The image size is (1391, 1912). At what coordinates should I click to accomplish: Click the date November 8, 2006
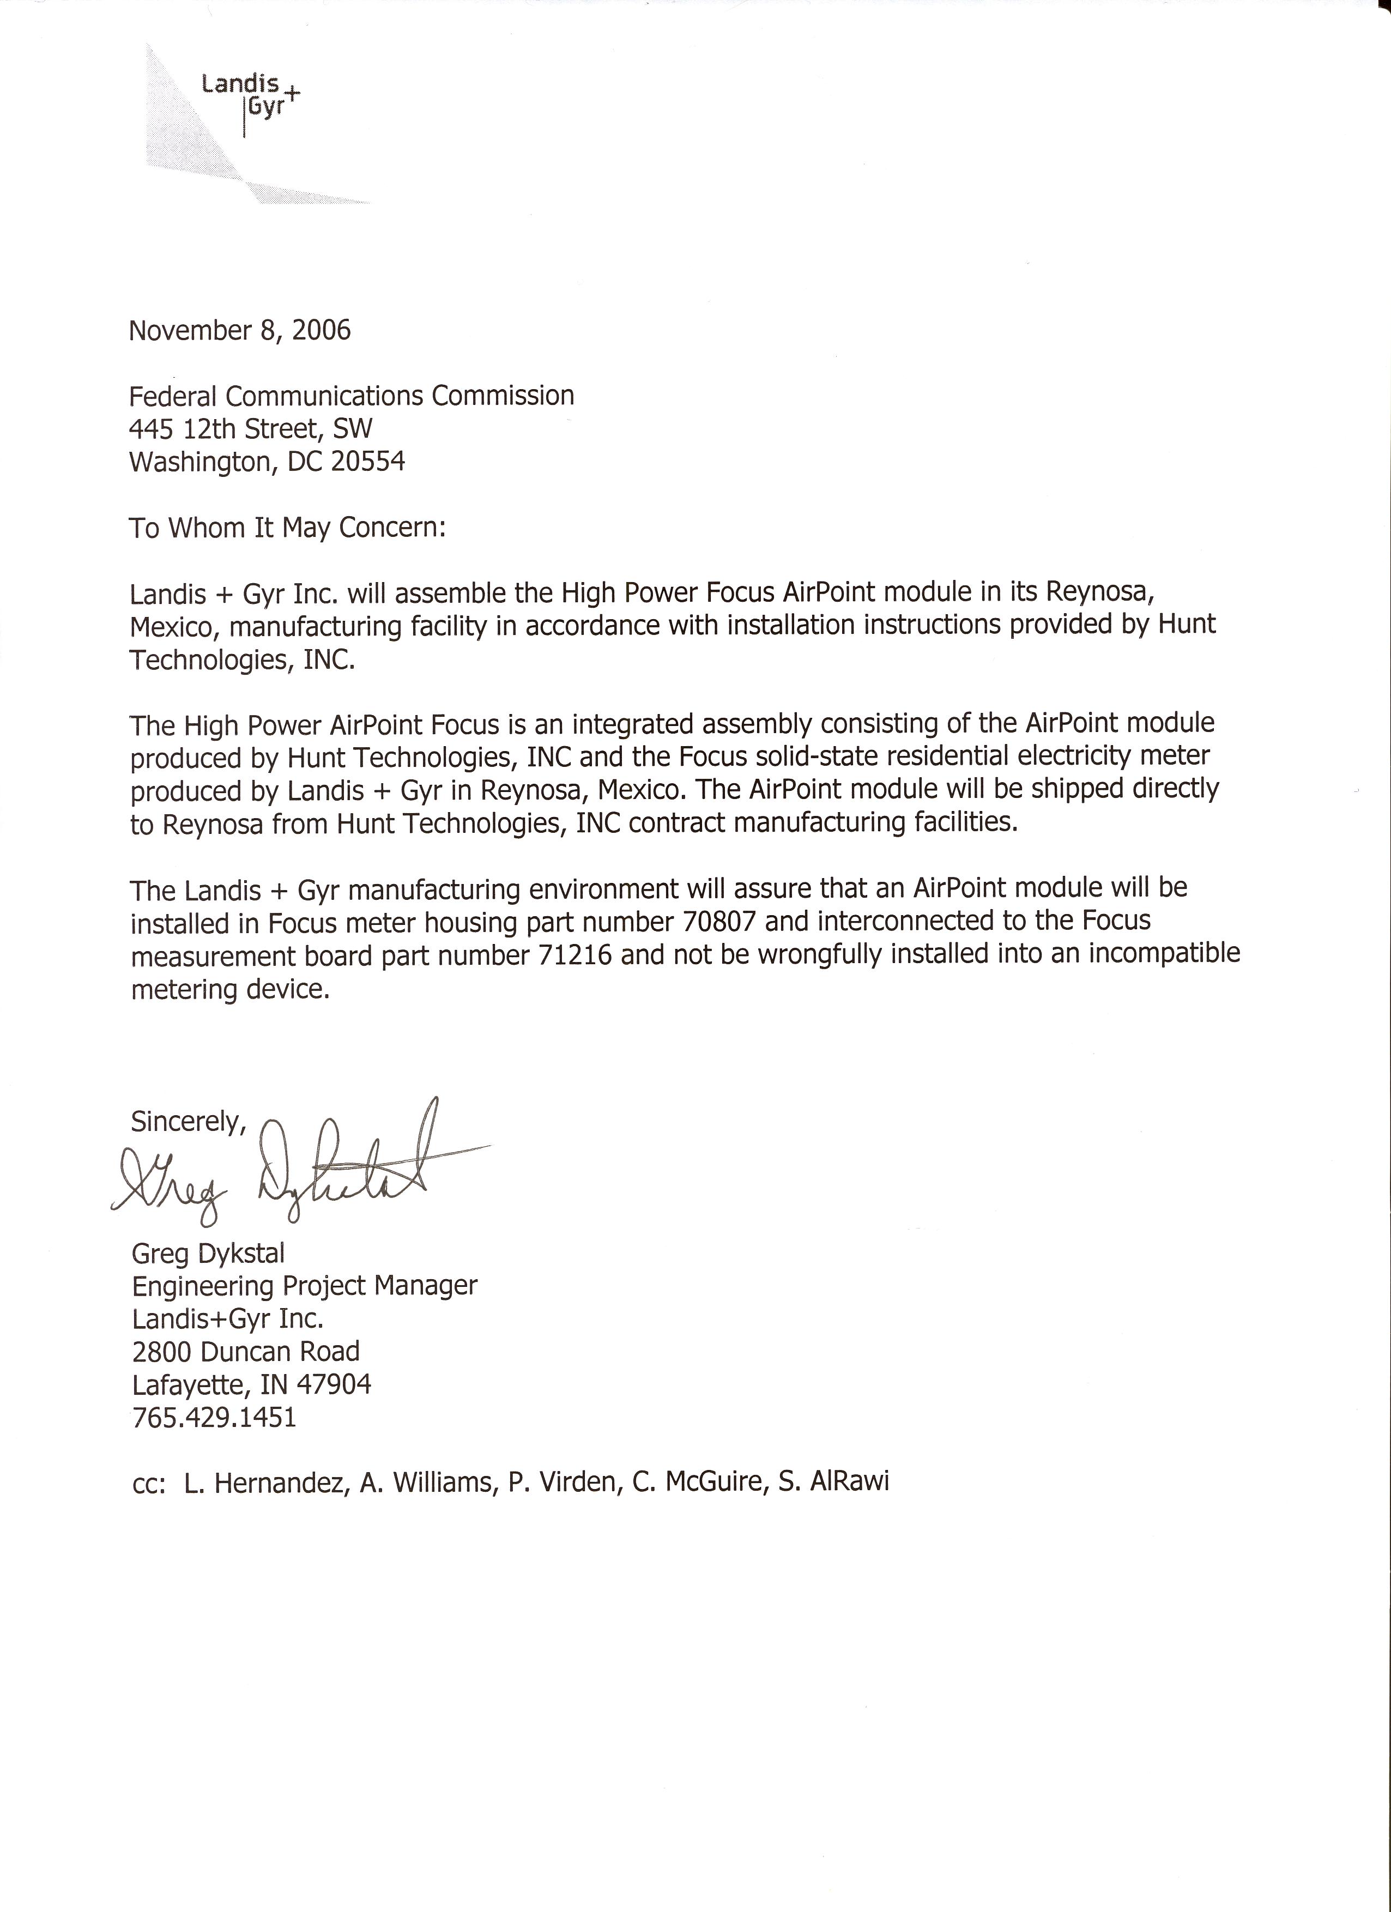[239, 330]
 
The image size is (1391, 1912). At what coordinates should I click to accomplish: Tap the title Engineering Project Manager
[304, 1286]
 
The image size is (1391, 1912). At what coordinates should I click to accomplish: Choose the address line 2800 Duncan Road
[245, 1352]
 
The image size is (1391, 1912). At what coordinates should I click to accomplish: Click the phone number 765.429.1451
[214, 1417]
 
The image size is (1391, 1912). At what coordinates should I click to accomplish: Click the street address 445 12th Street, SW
[250, 429]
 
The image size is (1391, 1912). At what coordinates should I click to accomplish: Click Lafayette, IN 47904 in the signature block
[251, 1384]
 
